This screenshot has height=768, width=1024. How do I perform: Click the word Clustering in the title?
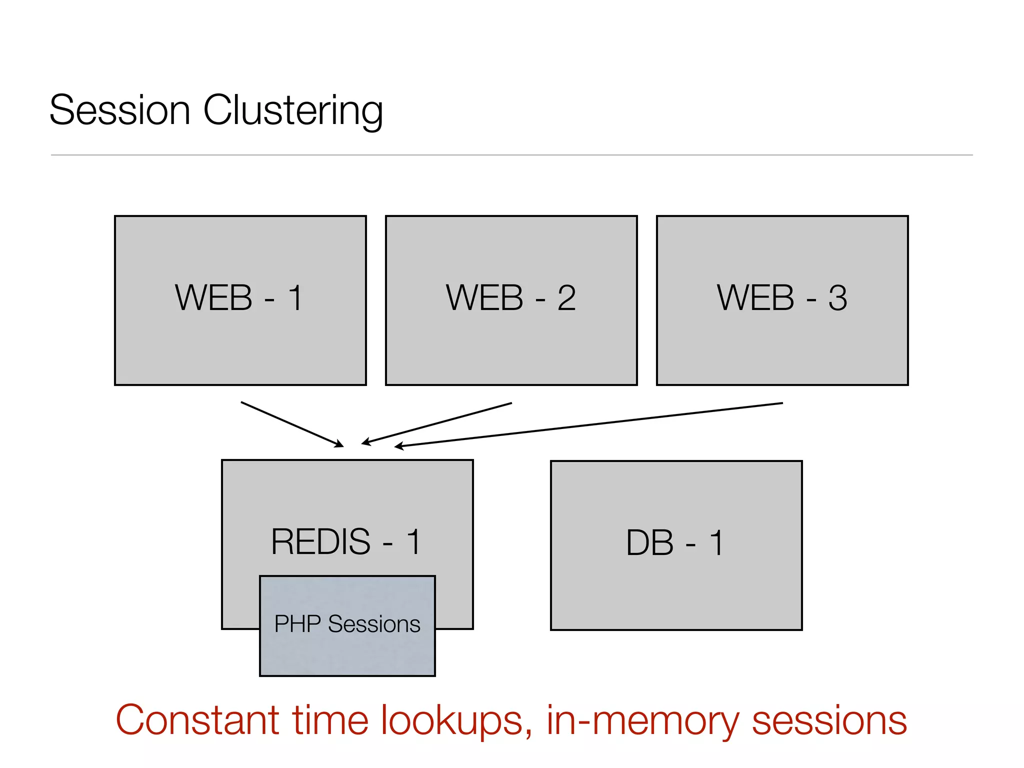[x=293, y=111]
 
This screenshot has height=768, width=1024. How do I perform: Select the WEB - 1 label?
[x=239, y=298]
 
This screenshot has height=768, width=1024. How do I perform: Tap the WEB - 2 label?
[x=510, y=298]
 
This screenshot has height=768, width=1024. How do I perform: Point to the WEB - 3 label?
[x=781, y=298]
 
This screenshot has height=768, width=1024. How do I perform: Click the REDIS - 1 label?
[x=346, y=542]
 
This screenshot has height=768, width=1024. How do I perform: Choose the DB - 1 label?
[x=675, y=543]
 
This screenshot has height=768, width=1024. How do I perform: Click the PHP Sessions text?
[x=347, y=624]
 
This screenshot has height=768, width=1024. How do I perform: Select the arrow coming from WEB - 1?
[x=292, y=424]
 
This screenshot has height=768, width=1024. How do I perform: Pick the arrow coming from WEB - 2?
[x=437, y=423]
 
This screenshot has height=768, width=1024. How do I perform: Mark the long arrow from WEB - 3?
[x=590, y=424]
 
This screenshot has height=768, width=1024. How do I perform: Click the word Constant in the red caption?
[x=197, y=720]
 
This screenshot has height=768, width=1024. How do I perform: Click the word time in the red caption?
[x=330, y=720]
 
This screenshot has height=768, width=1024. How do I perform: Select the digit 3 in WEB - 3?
[x=837, y=298]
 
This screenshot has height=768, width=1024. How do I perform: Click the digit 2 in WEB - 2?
[x=566, y=298]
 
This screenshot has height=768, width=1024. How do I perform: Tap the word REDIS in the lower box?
[x=320, y=542]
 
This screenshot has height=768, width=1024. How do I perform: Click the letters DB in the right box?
[x=650, y=543]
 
